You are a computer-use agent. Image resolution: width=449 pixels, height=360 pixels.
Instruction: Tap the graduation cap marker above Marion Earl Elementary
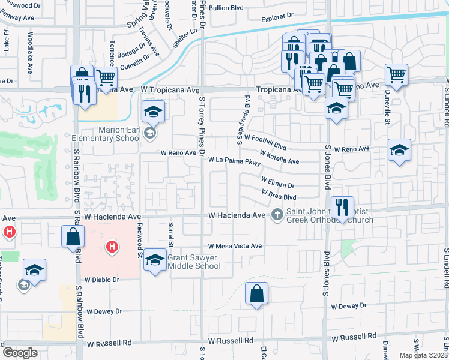(153, 112)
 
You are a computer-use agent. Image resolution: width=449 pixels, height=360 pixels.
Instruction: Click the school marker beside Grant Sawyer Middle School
(155, 259)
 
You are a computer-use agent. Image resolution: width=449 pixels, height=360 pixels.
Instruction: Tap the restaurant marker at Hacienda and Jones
(342, 207)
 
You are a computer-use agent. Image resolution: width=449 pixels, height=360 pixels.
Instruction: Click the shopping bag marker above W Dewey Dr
(256, 293)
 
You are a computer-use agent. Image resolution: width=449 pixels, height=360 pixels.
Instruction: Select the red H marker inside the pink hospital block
(111, 246)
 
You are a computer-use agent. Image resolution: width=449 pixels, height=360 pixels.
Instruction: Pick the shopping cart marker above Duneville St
(396, 75)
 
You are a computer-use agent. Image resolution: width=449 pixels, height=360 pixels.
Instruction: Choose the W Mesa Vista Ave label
(235, 246)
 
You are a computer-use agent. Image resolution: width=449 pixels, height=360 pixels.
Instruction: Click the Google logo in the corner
(20, 353)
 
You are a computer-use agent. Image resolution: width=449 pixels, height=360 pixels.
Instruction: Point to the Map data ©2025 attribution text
(423, 355)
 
